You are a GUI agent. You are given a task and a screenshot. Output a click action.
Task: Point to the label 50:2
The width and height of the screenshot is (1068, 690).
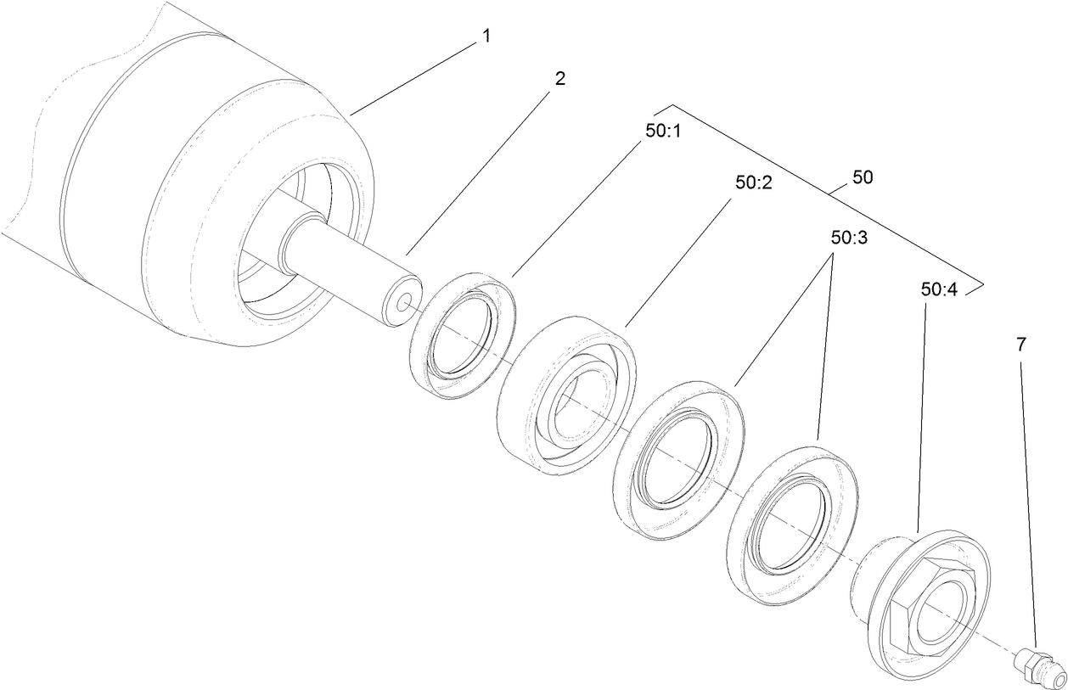[754, 182]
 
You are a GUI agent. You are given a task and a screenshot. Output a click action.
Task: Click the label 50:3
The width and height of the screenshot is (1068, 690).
[849, 238]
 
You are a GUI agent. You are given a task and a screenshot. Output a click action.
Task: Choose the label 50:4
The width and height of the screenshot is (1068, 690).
[938, 289]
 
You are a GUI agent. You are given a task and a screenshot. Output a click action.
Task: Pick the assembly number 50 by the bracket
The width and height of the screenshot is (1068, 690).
[861, 178]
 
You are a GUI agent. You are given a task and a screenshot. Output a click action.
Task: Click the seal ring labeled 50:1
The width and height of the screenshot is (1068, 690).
[463, 334]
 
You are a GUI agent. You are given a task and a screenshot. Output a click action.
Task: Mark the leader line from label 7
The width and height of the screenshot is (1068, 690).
[1029, 501]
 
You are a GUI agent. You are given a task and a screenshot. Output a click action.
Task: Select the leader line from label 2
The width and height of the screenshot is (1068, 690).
[475, 170]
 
